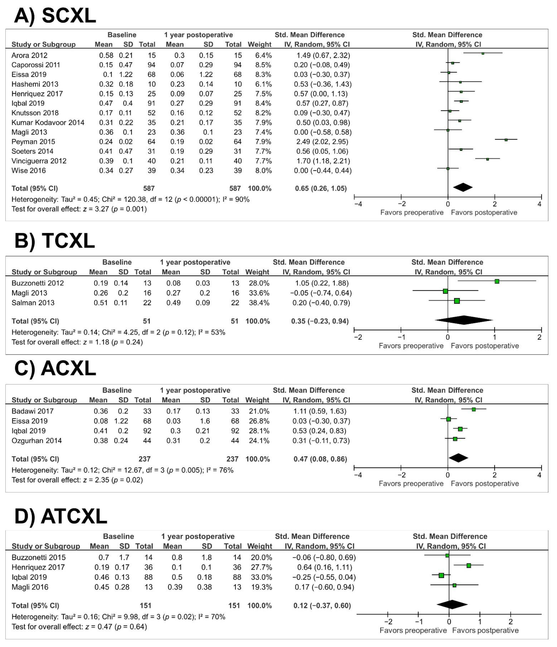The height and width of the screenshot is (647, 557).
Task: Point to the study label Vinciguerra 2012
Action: (x=39, y=161)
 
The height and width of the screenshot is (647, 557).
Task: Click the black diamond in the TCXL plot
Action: (x=464, y=320)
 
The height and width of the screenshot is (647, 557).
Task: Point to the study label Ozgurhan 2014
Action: (x=37, y=441)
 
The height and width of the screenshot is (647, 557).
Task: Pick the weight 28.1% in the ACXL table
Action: (x=257, y=431)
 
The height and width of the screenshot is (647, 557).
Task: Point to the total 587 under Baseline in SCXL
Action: (x=149, y=188)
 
